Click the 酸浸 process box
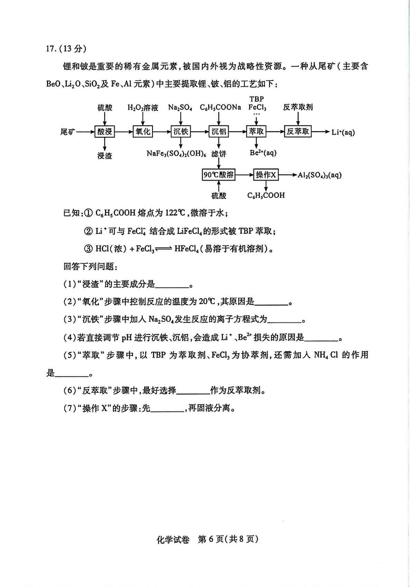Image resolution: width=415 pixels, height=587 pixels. [x=104, y=131]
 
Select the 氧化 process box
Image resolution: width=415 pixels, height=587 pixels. [x=142, y=131]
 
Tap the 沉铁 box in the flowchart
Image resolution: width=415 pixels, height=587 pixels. [x=181, y=131]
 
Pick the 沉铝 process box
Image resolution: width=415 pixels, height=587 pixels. [x=219, y=131]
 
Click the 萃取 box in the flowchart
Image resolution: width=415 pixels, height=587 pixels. [x=256, y=131]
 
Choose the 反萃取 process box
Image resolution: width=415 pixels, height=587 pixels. [x=298, y=131]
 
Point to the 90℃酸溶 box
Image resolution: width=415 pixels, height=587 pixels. [x=219, y=175]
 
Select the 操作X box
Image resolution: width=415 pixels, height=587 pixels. [x=266, y=175]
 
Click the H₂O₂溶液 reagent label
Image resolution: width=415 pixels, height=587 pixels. [x=143, y=108]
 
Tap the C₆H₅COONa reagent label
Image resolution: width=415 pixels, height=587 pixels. [x=220, y=108]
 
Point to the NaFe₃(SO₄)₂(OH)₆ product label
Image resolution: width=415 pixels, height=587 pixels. [x=176, y=154]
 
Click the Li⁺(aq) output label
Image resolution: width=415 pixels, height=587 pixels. [x=343, y=132]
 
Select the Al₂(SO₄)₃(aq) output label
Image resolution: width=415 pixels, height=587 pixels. [x=319, y=175]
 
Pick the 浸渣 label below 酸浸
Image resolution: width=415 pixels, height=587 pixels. [x=104, y=156]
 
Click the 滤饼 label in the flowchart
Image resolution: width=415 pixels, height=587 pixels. [x=219, y=154]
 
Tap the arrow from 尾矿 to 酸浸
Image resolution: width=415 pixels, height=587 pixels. [x=85, y=131]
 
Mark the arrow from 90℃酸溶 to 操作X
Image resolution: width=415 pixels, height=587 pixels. [x=244, y=175]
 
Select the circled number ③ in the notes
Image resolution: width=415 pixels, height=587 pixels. [x=88, y=248]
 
